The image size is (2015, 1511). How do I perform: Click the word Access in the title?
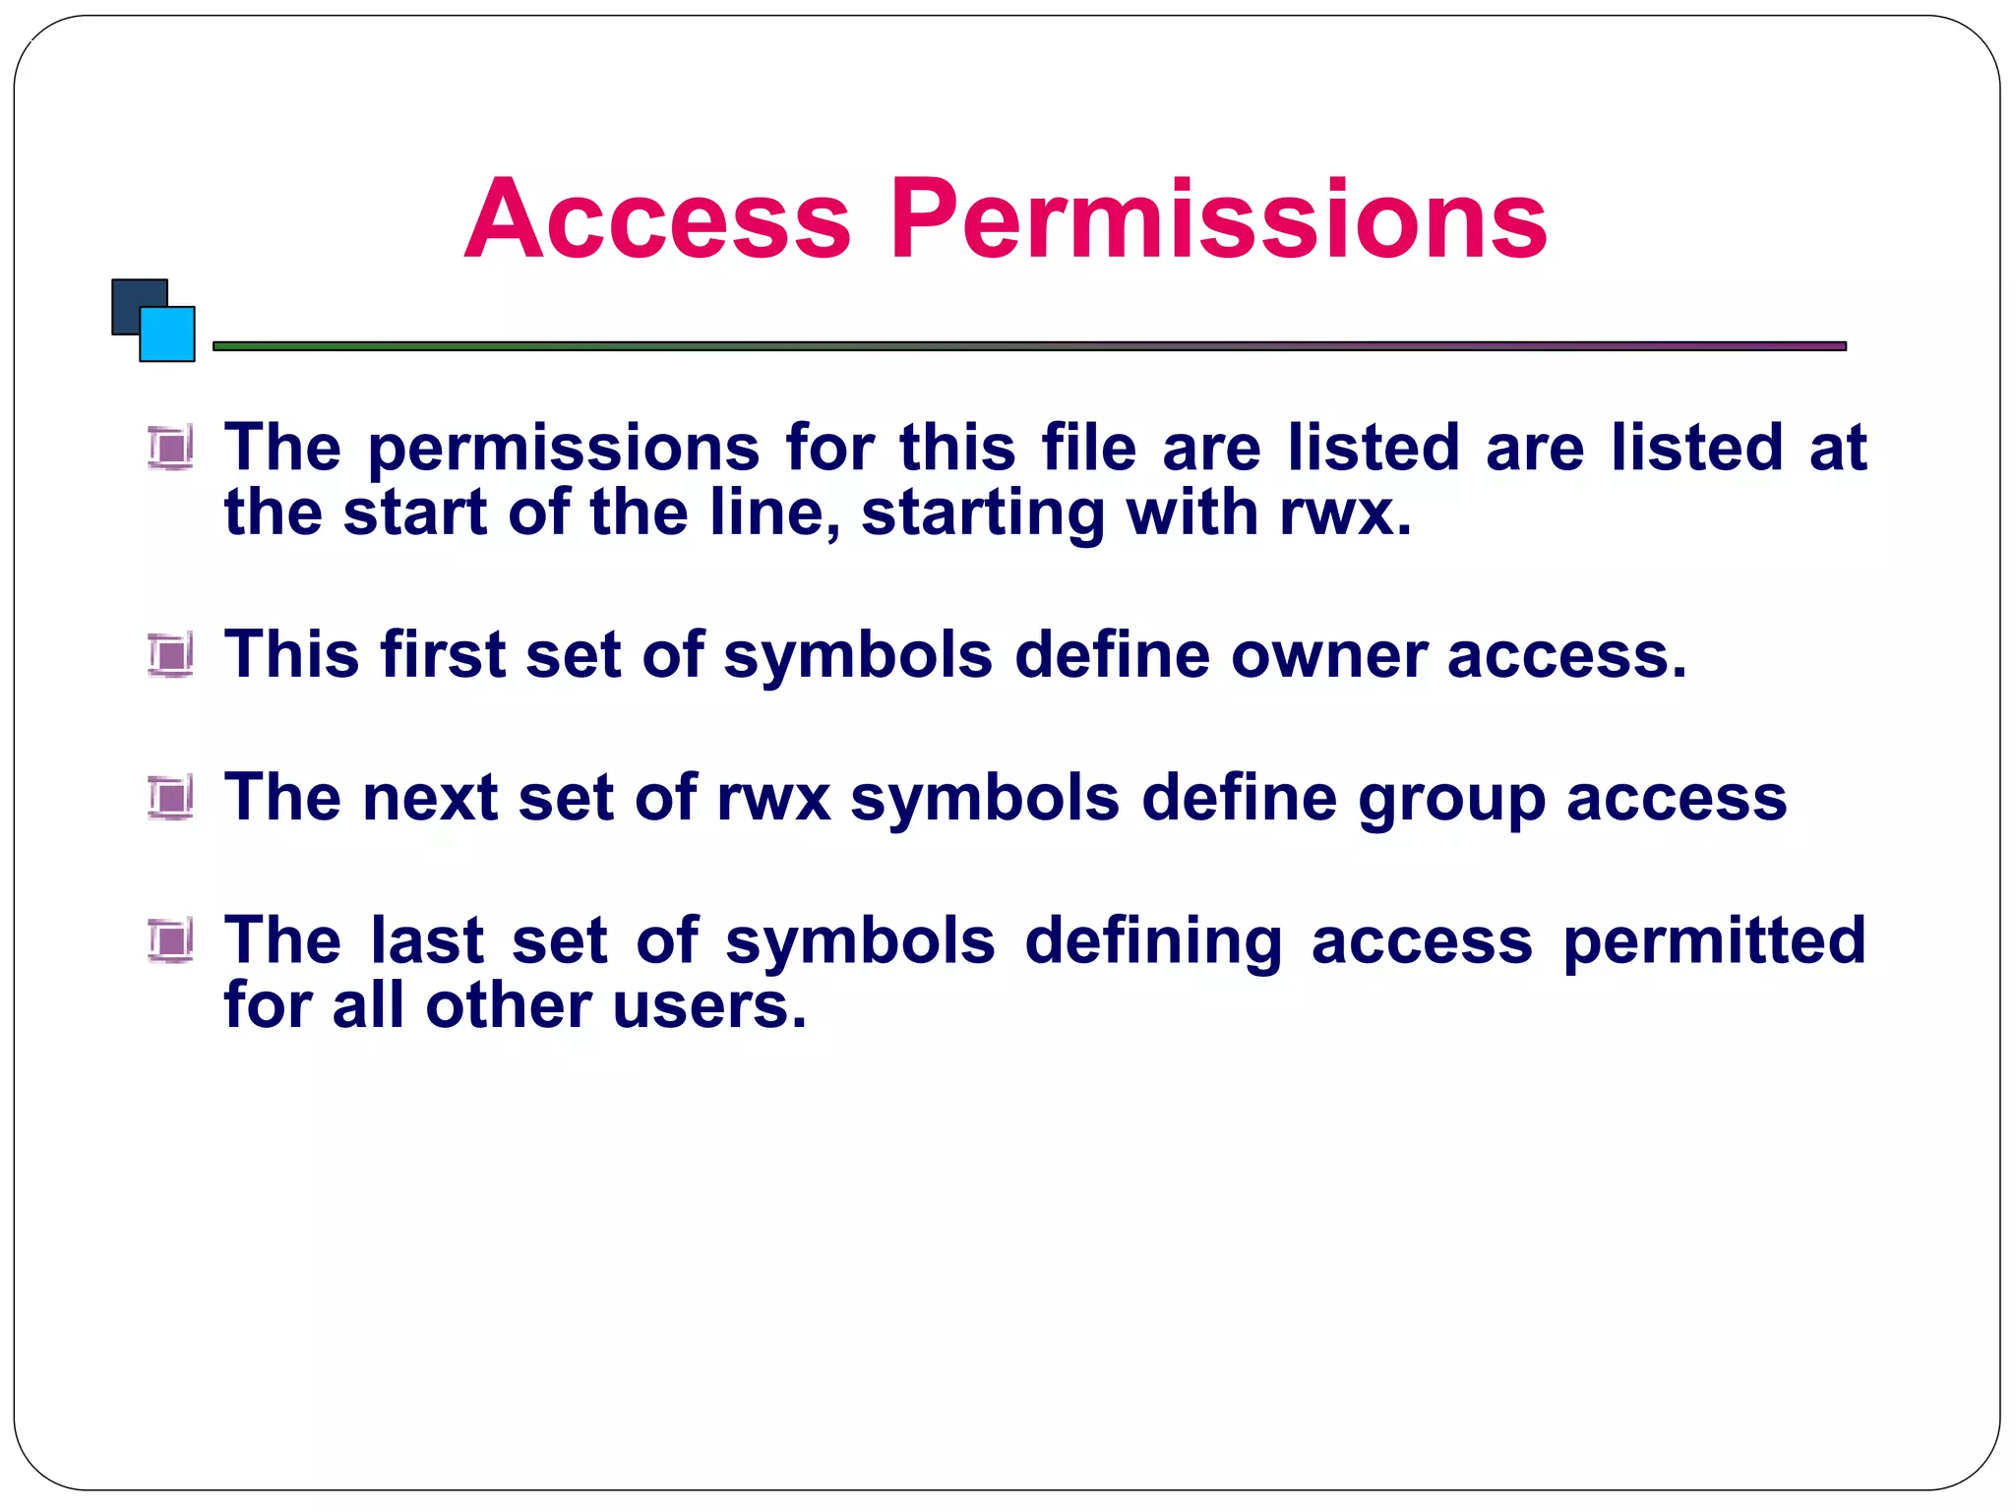pyautogui.click(x=657, y=219)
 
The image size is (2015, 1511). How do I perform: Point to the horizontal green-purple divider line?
pyautogui.click(x=1029, y=346)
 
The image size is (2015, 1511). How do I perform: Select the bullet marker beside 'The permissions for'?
pyautogui.click(x=171, y=448)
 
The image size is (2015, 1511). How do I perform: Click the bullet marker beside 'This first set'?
pyautogui.click(x=171, y=655)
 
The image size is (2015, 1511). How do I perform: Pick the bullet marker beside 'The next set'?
pyautogui.click(x=171, y=797)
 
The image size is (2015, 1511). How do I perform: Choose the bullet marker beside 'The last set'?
pyautogui.click(x=171, y=939)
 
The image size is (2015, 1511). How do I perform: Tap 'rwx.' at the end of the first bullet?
pyautogui.click(x=1346, y=514)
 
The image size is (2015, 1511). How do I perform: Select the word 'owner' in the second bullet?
pyautogui.click(x=1328, y=656)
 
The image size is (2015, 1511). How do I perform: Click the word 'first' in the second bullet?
pyautogui.click(x=443, y=654)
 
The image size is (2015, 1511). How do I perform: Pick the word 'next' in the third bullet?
pyautogui.click(x=430, y=798)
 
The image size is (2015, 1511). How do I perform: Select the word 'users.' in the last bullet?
pyautogui.click(x=709, y=1005)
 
